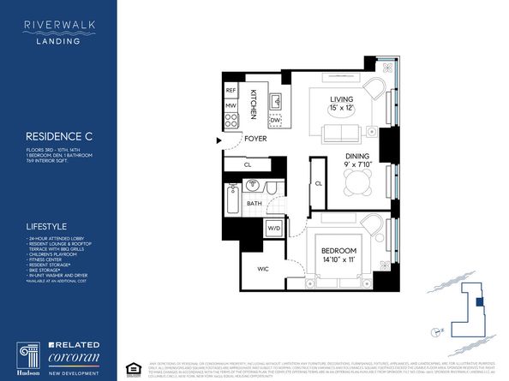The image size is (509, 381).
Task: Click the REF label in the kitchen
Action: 231,90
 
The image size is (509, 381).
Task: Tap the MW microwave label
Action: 231,104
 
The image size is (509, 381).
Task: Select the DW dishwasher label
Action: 276,120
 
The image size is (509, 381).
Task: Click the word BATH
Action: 255,203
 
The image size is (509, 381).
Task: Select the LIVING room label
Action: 343,99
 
